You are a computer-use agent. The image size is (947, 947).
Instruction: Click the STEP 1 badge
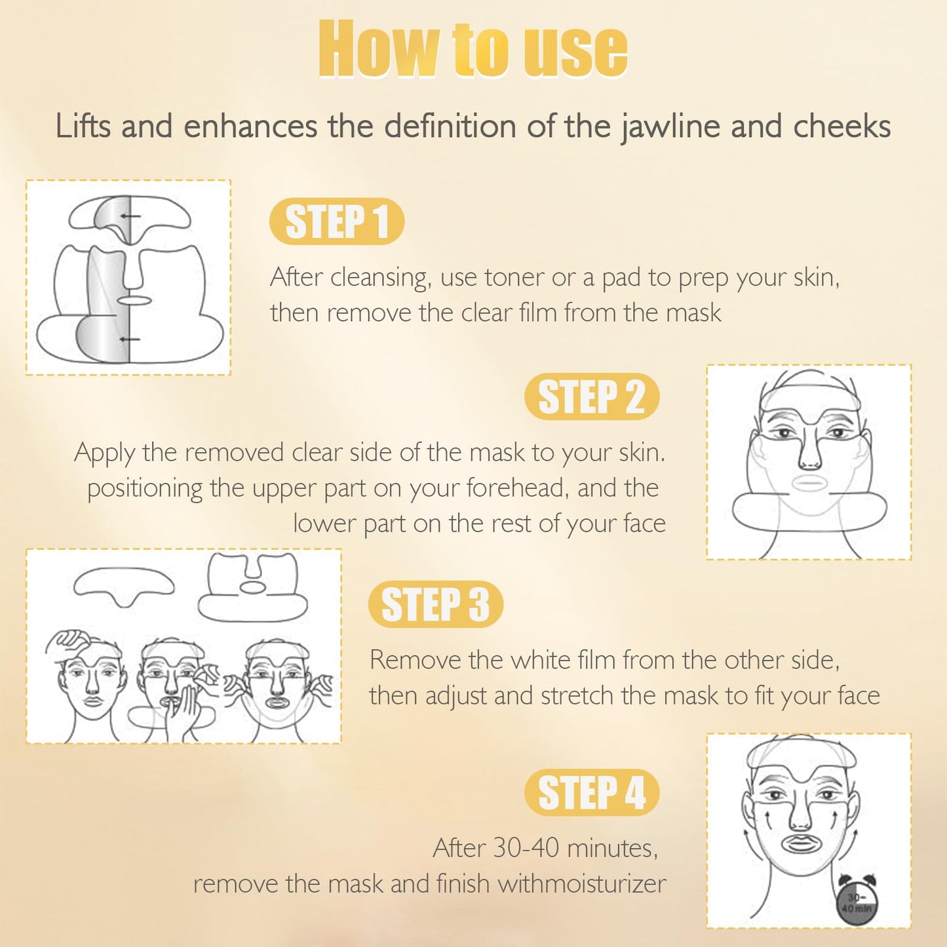click(x=337, y=221)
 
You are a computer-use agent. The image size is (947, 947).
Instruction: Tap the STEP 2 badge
click(x=592, y=396)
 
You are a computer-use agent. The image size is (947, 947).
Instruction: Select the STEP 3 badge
click(x=435, y=604)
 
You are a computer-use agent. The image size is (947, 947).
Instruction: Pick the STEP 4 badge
click(x=592, y=792)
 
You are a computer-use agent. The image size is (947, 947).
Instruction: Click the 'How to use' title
click(x=473, y=49)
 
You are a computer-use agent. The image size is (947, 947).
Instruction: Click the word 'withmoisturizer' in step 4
click(x=582, y=883)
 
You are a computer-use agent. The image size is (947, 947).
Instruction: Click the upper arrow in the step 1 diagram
click(x=130, y=216)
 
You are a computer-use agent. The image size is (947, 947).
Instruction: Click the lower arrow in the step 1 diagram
click(x=130, y=339)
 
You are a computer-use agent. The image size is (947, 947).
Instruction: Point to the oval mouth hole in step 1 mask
click(x=132, y=300)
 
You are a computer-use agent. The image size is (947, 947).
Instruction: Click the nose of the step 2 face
click(x=809, y=452)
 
